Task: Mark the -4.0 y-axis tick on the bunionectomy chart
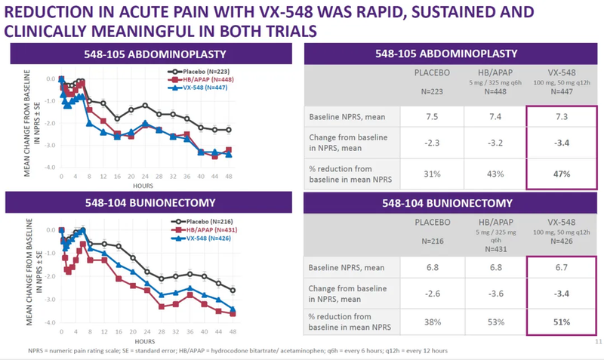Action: point(49,323)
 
